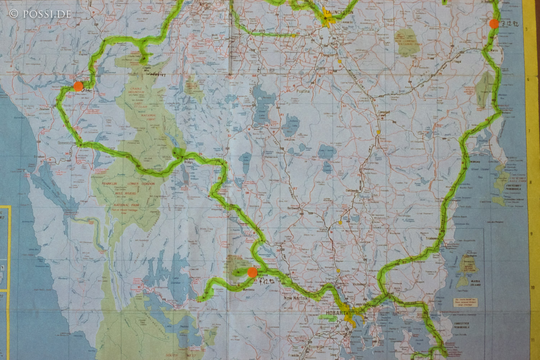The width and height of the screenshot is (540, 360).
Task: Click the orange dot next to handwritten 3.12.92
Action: [x=494, y=24]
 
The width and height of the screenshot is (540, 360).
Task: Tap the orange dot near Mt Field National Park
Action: [x=252, y=272]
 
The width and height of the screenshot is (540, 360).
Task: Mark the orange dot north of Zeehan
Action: [x=78, y=86]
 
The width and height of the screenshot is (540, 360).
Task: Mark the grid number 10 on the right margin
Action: [x=532, y=287]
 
